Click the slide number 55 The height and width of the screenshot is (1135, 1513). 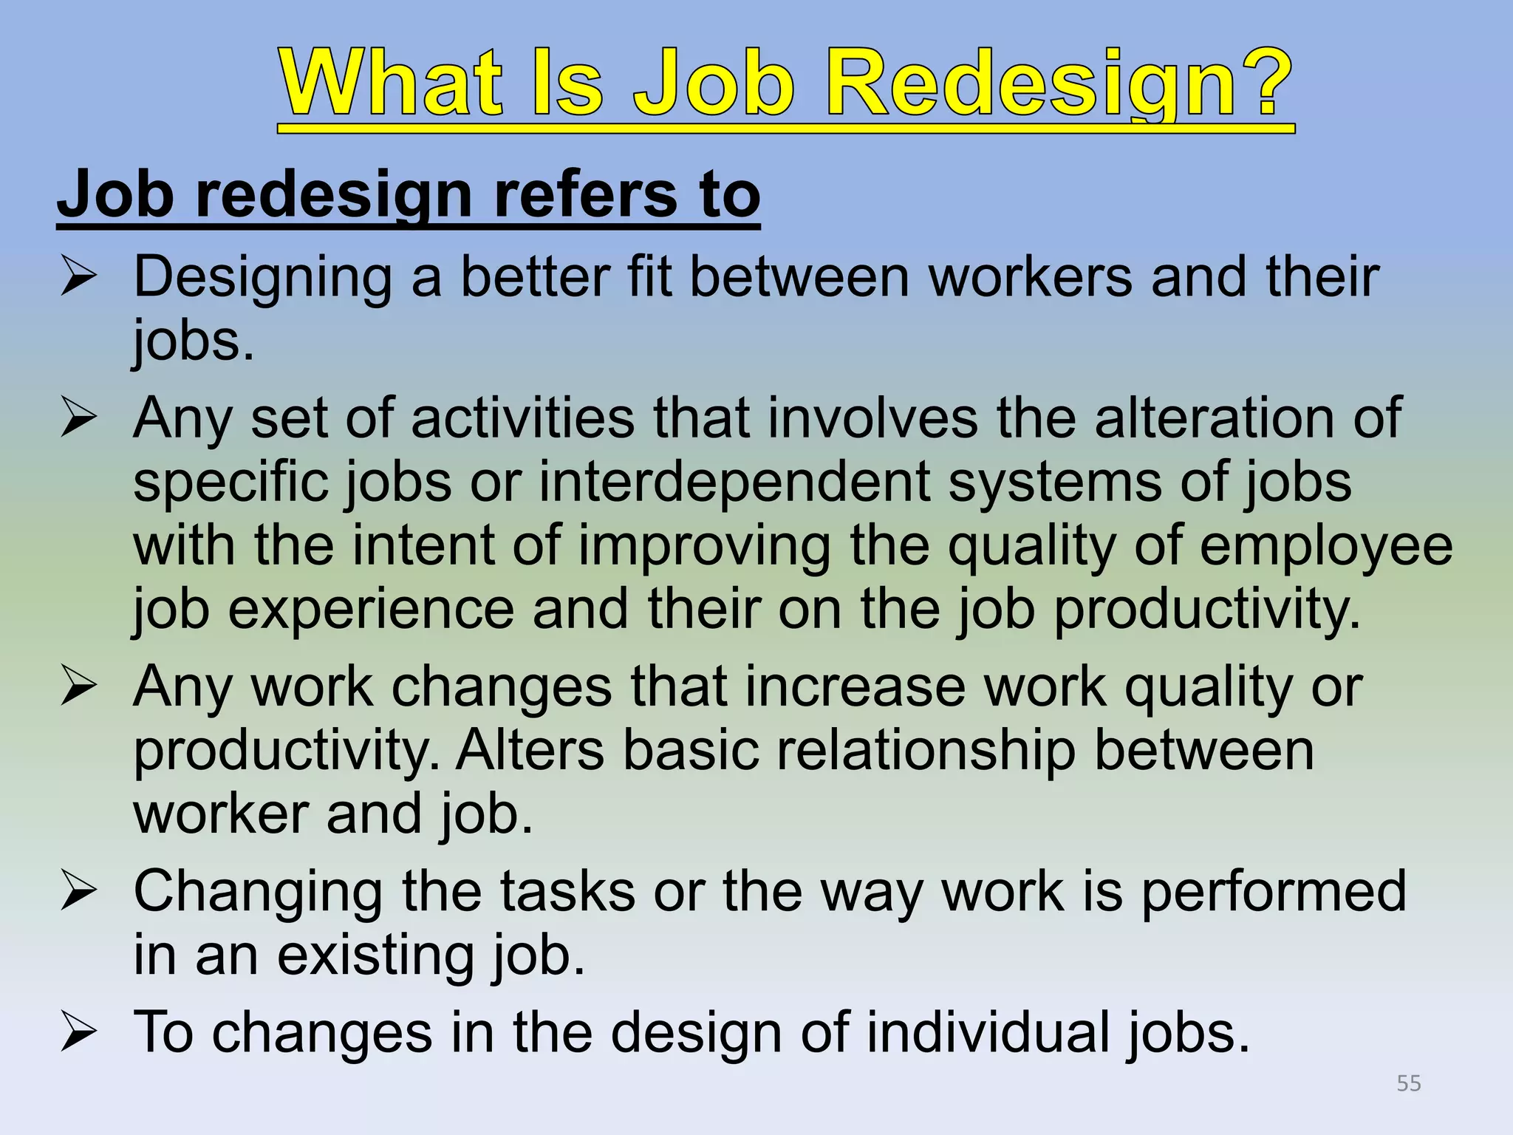1409,1083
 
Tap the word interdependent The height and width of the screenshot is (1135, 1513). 734,483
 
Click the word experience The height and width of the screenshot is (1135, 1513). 371,611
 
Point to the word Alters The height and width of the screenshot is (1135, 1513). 530,750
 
